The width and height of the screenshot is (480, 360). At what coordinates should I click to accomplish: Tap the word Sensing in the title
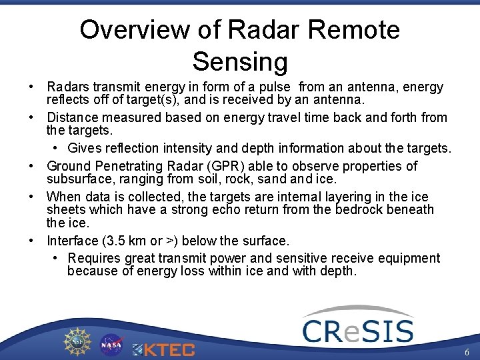pos(240,61)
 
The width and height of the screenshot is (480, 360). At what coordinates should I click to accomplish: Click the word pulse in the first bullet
pos(275,87)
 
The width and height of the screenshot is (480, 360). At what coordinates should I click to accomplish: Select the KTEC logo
pos(163,349)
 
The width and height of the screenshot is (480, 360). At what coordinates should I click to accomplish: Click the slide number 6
pos(467,352)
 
